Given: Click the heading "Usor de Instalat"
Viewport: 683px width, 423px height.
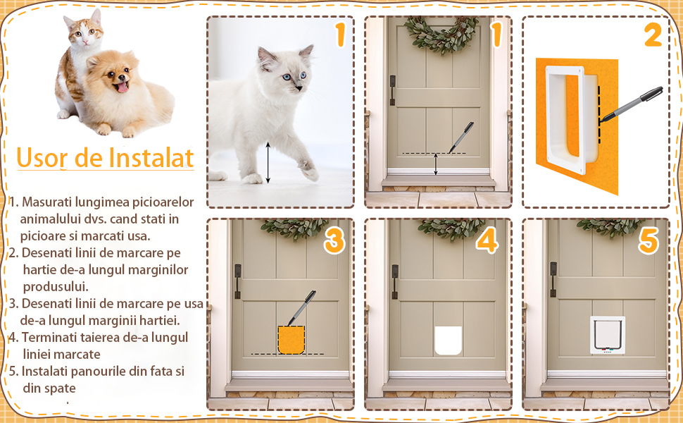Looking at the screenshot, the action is tap(105, 158).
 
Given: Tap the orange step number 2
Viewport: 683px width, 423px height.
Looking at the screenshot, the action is tap(653, 35).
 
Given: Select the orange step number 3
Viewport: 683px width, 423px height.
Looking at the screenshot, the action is tap(334, 240).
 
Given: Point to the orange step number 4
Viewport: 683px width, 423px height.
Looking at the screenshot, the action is tap(487, 240).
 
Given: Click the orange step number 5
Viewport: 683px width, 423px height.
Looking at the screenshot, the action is tap(648, 240).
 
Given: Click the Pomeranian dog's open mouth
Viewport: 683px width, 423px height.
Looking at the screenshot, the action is tap(122, 86).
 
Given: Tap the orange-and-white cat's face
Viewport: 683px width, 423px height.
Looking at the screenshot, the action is tap(85, 34).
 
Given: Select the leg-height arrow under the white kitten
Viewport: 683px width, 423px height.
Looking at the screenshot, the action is tap(268, 162).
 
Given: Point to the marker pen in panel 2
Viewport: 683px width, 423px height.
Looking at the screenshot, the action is tap(632, 104).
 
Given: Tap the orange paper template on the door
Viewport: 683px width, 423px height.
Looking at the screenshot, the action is tap(291, 340).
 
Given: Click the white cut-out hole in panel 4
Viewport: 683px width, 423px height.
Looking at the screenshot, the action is tap(449, 340).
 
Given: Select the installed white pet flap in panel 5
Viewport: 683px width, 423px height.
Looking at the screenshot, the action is tap(607, 334).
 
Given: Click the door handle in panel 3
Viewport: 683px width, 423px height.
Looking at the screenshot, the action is tap(238, 281).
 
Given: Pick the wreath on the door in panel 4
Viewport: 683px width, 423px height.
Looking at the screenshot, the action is tap(451, 228).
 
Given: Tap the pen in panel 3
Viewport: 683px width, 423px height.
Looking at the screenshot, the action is tap(301, 309).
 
